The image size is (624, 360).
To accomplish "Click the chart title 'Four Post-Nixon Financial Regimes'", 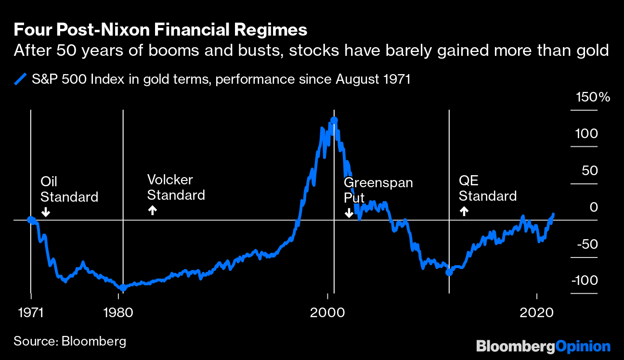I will coord(160,30).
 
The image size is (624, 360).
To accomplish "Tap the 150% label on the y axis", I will coord(593,97).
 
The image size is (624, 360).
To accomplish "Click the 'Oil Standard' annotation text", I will coord(69,189).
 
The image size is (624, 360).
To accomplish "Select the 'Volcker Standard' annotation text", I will coord(176,187).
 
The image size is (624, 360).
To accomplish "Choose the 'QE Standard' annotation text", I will coord(487,188).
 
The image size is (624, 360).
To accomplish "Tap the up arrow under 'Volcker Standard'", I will coord(152,210).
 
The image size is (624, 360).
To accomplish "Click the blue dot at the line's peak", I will coord(334,120).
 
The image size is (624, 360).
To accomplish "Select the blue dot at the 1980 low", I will coord(123,287).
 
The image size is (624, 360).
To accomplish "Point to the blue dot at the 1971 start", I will coord(31,220).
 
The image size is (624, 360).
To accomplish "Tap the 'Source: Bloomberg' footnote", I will coord(70,341).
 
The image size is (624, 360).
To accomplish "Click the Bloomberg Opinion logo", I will coord(543,346).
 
